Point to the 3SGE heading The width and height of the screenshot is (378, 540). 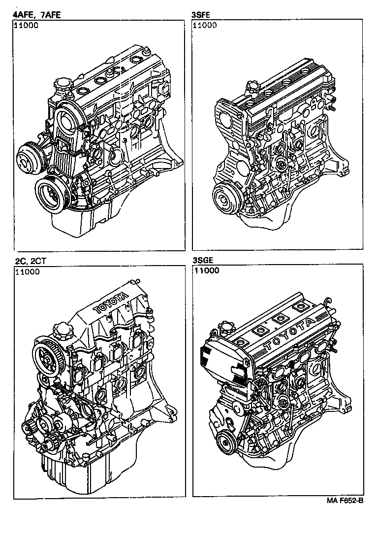204,260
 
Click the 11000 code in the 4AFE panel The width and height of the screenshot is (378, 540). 26,26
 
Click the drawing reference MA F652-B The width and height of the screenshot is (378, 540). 345,501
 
